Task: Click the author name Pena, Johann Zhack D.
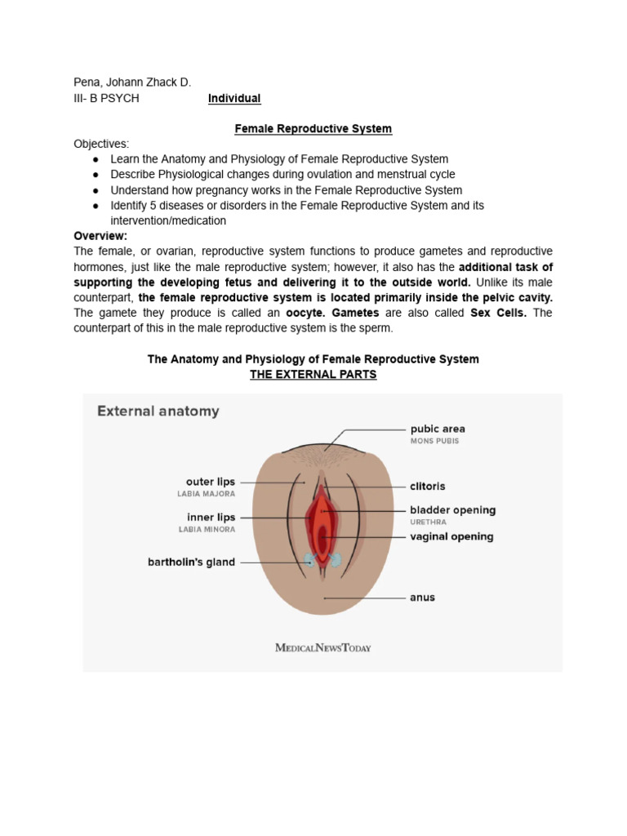coord(132,82)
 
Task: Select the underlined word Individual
coord(234,98)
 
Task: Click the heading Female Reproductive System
coord(313,128)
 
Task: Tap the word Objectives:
coord(101,144)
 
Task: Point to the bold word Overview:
coord(100,235)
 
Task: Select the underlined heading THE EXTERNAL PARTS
coord(313,375)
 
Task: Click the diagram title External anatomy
coord(158,411)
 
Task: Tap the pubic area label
coord(437,428)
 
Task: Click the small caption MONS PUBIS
coord(434,441)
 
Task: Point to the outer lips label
coord(211,482)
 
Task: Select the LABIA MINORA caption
coord(207,529)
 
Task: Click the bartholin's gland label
coord(191,562)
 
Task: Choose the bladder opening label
coord(452,509)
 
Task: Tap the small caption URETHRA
coord(427,522)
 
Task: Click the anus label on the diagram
coord(422,597)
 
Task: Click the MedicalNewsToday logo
coord(322,647)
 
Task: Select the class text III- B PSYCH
coord(106,98)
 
